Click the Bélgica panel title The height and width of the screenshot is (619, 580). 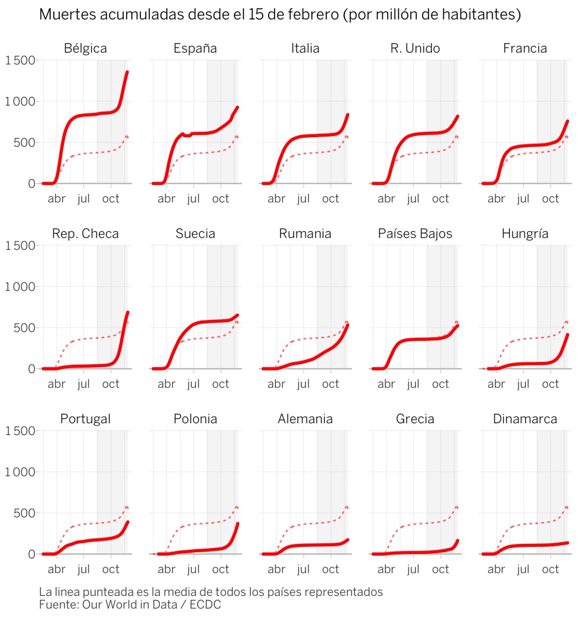tap(85, 48)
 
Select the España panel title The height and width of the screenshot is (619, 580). tap(195, 48)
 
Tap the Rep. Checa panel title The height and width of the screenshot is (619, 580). tap(85, 234)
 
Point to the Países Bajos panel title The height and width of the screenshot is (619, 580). tap(415, 234)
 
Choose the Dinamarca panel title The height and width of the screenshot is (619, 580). tap(525, 419)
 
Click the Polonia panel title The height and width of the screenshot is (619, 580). tap(195, 419)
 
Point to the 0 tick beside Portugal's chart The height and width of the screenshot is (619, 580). tap(31, 554)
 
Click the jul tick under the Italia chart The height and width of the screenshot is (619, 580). tap(304, 199)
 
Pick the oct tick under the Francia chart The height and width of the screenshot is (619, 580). tap(550, 199)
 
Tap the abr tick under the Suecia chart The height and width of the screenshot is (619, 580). tap(167, 384)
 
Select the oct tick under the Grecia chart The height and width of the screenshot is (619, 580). tap(440, 569)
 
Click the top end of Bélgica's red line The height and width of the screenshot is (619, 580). tap(127, 73)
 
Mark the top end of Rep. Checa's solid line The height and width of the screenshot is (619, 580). tap(127, 312)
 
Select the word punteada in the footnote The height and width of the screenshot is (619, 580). tap(121, 592)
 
